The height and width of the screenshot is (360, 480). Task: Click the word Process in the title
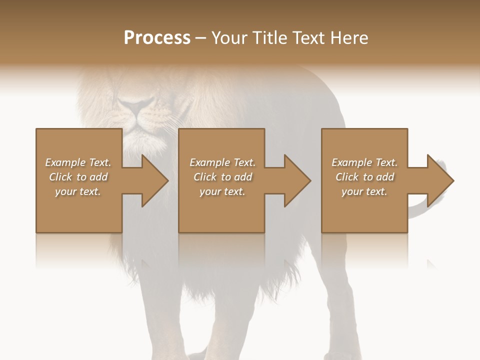coord(157,38)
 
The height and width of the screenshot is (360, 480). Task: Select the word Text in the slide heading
coord(308,38)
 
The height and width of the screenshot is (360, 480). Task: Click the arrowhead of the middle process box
coord(296,180)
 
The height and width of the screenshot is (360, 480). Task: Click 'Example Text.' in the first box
coord(78,162)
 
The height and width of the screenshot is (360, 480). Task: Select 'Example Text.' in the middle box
coord(222,162)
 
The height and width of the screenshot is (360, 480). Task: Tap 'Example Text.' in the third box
coord(364,162)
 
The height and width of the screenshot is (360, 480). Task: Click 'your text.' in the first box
coord(78,191)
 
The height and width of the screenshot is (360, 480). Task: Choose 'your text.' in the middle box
coord(222,191)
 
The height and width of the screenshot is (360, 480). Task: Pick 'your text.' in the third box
coord(364,191)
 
